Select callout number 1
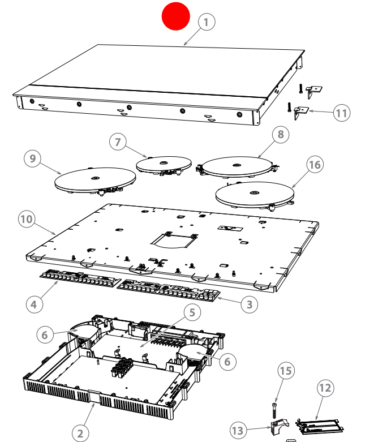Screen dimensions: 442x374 tap(207, 22)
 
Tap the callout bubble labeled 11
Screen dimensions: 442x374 tap(341, 113)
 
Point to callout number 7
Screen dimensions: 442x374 tap(117, 142)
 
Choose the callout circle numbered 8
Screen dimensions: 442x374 tap(280, 134)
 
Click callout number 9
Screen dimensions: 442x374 tap(33, 159)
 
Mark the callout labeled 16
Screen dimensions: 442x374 tap(315, 164)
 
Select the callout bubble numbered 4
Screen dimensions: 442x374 tap(34, 304)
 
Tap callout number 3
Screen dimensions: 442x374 tap(248, 304)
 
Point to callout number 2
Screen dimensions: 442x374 tap(80, 433)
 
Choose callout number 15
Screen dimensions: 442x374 tap(287, 371)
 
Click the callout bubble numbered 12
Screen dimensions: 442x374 tap(325, 388)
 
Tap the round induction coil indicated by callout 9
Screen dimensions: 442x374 tap(95, 181)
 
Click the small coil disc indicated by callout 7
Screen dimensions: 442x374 tap(164, 164)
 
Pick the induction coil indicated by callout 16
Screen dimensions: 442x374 tap(254, 194)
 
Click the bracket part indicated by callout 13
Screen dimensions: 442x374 tap(278, 427)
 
